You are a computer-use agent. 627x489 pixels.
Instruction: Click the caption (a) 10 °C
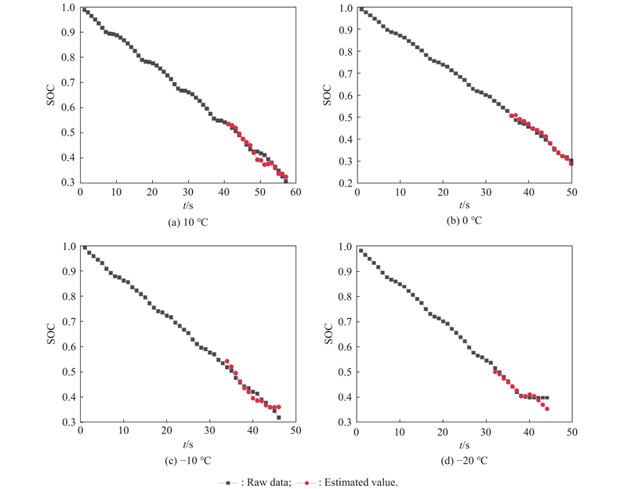click(x=188, y=222)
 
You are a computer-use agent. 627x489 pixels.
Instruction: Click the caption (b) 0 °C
click(x=465, y=222)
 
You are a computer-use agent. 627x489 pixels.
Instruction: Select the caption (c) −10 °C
click(x=187, y=460)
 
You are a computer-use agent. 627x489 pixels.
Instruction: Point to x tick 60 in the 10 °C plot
click(x=295, y=192)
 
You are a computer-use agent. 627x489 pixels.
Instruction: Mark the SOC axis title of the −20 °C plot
click(x=329, y=334)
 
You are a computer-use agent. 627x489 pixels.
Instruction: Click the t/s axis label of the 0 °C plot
click(x=465, y=205)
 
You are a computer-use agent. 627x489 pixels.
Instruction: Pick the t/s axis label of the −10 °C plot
click(x=188, y=444)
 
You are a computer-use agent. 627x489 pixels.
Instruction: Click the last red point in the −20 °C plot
click(x=547, y=409)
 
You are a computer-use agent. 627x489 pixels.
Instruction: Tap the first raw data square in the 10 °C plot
click(x=84, y=9)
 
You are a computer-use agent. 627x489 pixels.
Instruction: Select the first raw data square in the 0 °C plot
click(x=361, y=9)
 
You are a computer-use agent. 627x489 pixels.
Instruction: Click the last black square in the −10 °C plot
click(x=279, y=418)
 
